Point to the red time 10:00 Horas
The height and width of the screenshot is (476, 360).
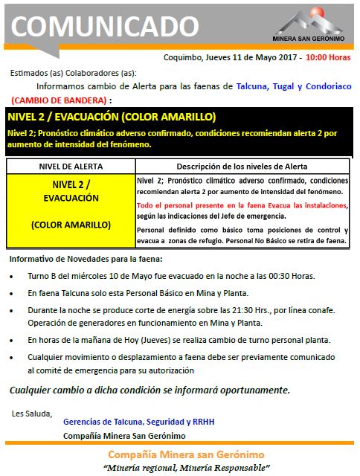tap(328, 57)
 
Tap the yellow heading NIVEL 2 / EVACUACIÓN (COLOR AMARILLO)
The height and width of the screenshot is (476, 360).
tap(112, 118)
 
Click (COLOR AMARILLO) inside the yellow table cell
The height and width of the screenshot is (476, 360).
tap(71, 224)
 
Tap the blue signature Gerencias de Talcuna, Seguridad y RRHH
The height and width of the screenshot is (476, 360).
tap(138, 421)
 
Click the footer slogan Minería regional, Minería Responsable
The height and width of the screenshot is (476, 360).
tap(185, 468)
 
